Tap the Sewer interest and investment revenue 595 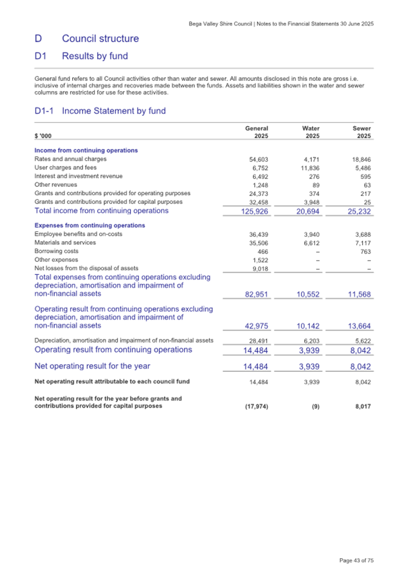(364, 176)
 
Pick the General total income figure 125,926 (253, 212)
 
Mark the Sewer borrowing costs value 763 (364, 251)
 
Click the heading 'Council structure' (100, 39)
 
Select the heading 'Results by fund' (95, 57)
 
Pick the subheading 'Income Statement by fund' (113, 111)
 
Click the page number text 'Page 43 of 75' (356, 561)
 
